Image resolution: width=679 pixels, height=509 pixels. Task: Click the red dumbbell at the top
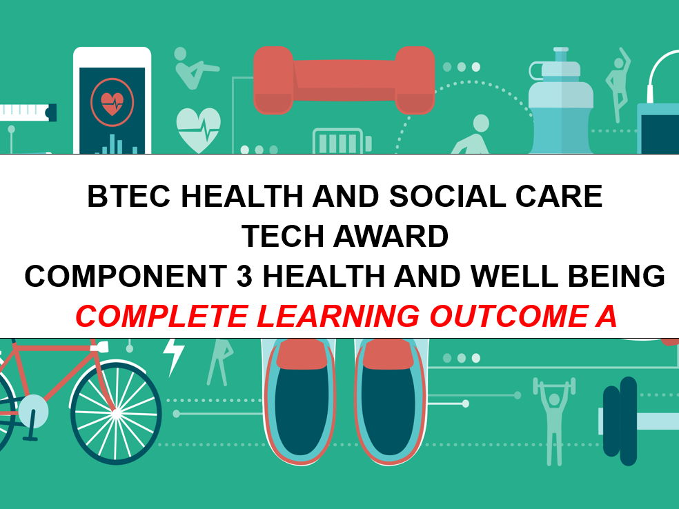tap(344, 80)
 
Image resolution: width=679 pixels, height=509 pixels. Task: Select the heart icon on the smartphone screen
tap(111, 104)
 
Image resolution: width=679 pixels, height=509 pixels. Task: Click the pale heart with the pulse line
tap(198, 128)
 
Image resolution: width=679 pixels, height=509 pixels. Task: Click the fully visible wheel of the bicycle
tap(116, 412)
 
